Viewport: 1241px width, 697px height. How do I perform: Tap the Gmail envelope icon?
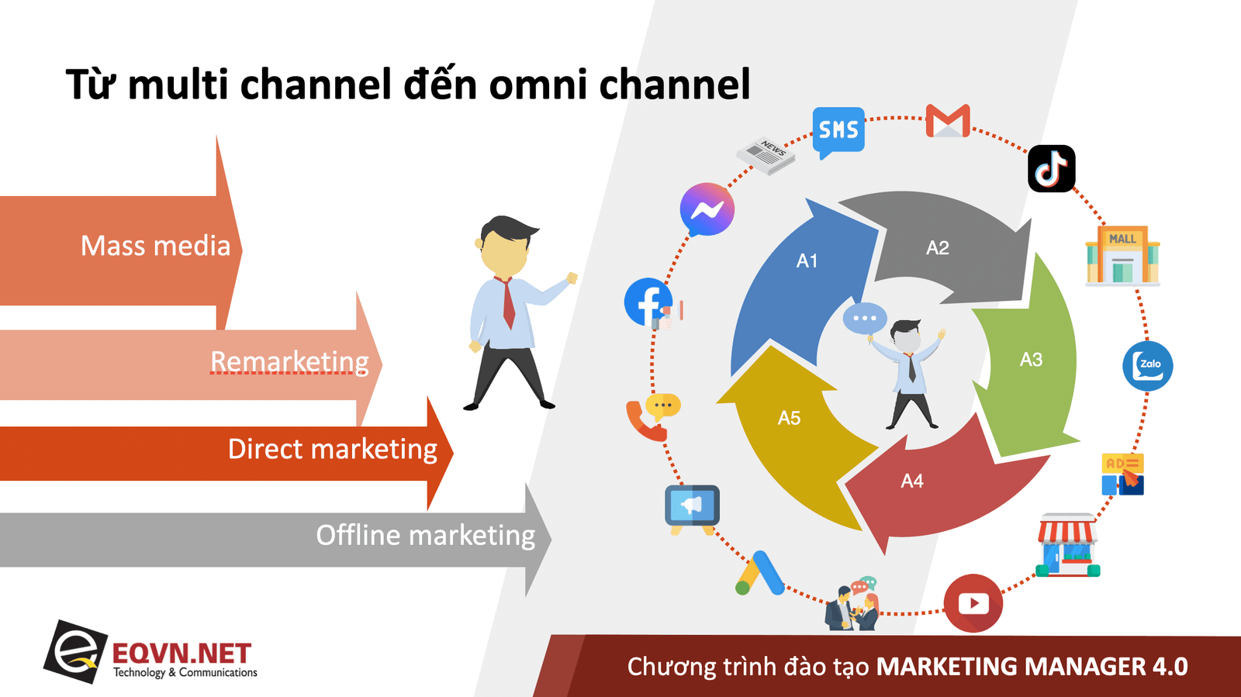[947, 120]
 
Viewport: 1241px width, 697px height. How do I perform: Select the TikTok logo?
[1051, 168]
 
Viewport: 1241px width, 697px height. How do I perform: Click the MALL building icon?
[1122, 255]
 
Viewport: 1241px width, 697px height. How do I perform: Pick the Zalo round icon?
[1147, 366]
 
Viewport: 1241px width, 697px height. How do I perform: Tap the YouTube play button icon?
[973, 603]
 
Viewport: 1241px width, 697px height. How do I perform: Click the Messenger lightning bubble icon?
[707, 209]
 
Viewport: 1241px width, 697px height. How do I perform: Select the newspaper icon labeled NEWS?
[766, 156]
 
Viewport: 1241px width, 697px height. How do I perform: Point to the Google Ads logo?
[759, 573]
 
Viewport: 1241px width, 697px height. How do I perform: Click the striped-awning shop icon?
[1067, 545]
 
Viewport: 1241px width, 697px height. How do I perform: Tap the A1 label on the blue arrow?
[807, 261]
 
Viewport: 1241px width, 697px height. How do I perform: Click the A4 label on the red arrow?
[912, 481]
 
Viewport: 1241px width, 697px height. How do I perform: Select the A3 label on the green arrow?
[1031, 359]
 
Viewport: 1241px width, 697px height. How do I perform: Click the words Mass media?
[155, 245]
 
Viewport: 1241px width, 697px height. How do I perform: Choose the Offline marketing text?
[426, 535]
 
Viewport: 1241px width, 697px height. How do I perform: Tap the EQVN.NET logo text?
[181, 654]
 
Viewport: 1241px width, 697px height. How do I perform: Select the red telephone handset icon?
[645, 421]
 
